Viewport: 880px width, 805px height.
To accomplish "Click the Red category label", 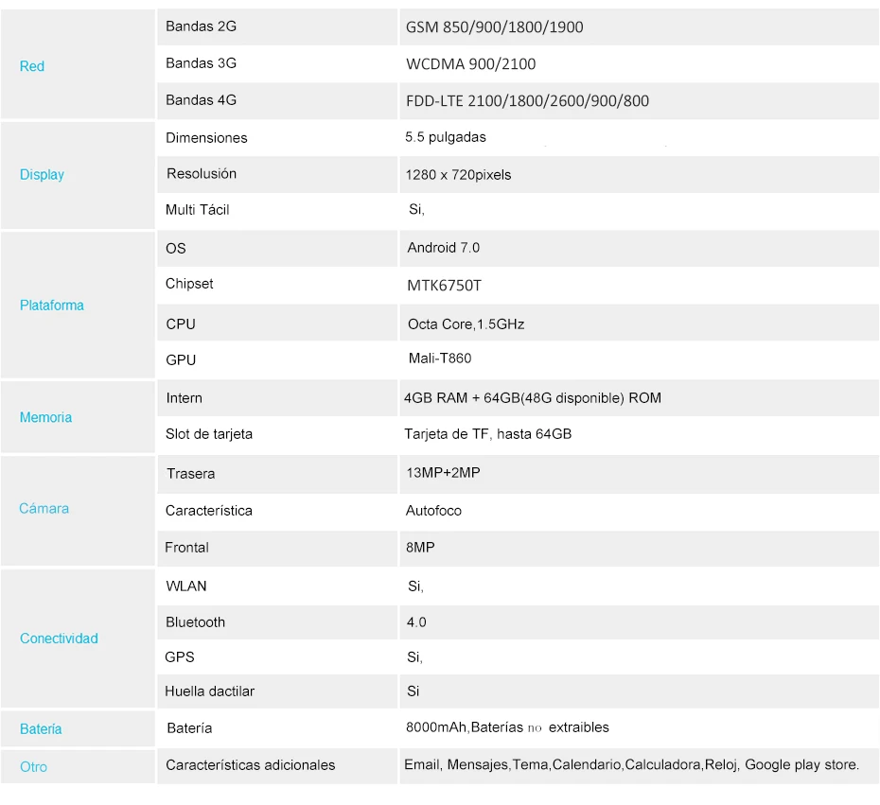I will [32, 66].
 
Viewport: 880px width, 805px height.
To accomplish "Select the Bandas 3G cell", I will [201, 63].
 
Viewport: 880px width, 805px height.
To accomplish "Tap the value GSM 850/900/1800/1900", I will [494, 27].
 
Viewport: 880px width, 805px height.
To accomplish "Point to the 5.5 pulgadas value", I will [445, 137].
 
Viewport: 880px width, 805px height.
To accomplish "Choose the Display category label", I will [42, 175].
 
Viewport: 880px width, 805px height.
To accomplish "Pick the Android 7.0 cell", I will [443, 248].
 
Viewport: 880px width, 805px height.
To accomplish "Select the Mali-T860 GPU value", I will [439, 359].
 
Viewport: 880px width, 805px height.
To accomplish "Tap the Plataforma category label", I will [52, 306].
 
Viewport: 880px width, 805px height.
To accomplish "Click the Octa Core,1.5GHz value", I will [466, 324].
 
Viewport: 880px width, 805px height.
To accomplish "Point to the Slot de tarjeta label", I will [208, 434].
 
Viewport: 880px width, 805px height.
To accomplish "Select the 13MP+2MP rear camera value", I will [442, 473].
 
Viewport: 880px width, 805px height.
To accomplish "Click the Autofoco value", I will [433, 511].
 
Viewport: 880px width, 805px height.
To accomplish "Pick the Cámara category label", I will [44, 509].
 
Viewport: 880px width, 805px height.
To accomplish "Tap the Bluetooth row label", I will [195, 622].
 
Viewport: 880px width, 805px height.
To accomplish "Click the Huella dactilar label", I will [209, 691].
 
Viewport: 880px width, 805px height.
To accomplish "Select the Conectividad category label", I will [59, 639].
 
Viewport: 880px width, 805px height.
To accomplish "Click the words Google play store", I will [801, 764].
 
